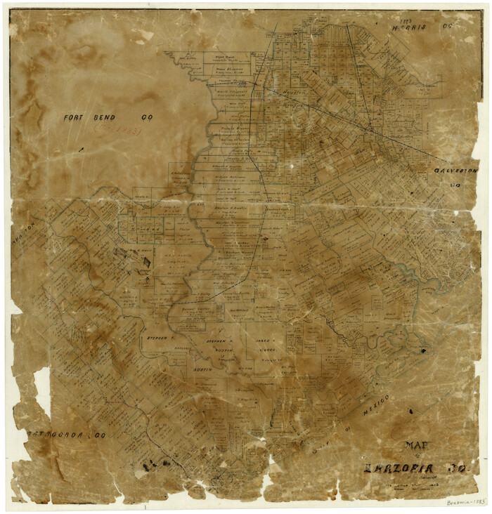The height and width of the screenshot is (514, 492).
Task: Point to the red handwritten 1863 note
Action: (x=119, y=130)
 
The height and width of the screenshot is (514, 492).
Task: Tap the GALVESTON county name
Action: (x=455, y=171)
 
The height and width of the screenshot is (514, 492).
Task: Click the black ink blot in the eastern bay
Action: (x=425, y=349)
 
